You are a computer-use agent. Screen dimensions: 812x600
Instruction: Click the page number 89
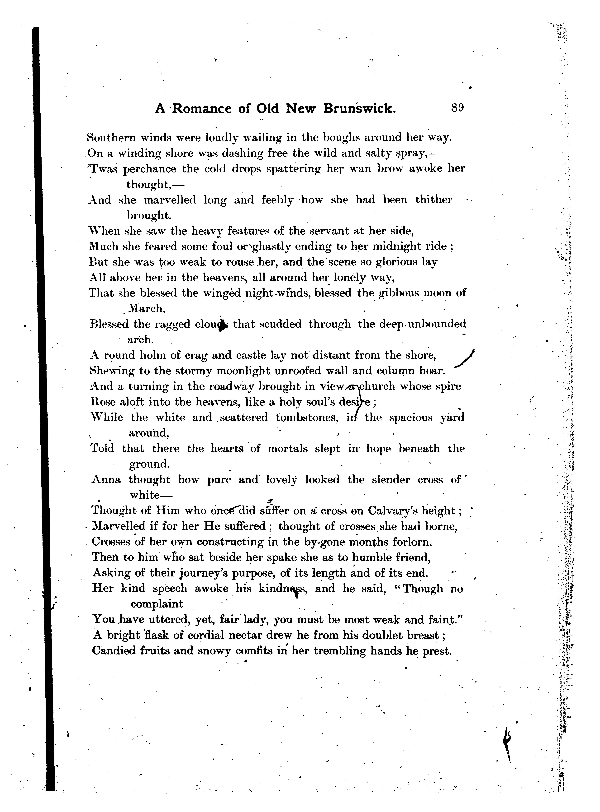coord(458,108)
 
